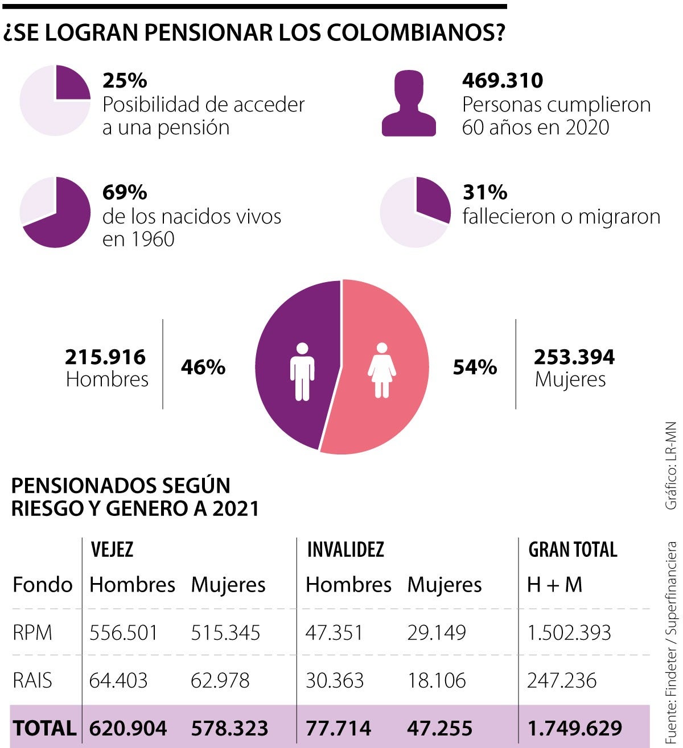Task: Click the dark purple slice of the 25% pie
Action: [x=71, y=84]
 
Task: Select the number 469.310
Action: [x=503, y=81]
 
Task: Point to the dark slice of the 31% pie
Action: [x=432, y=199]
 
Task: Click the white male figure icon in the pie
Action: [x=302, y=371]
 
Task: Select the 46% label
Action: [x=203, y=367]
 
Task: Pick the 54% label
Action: [x=475, y=367]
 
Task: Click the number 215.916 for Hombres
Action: [x=105, y=357]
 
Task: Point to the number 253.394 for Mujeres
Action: [x=574, y=357]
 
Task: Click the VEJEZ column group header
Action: [x=112, y=549]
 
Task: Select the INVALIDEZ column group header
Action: [x=345, y=549]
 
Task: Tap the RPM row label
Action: [x=32, y=633]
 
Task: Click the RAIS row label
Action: [x=32, y=680]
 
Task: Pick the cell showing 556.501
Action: [x=124, y=633]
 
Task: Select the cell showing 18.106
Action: [x=437, y=680]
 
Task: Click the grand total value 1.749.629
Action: [x=575, y=729]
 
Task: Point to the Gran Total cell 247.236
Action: [x=562, y=680]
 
